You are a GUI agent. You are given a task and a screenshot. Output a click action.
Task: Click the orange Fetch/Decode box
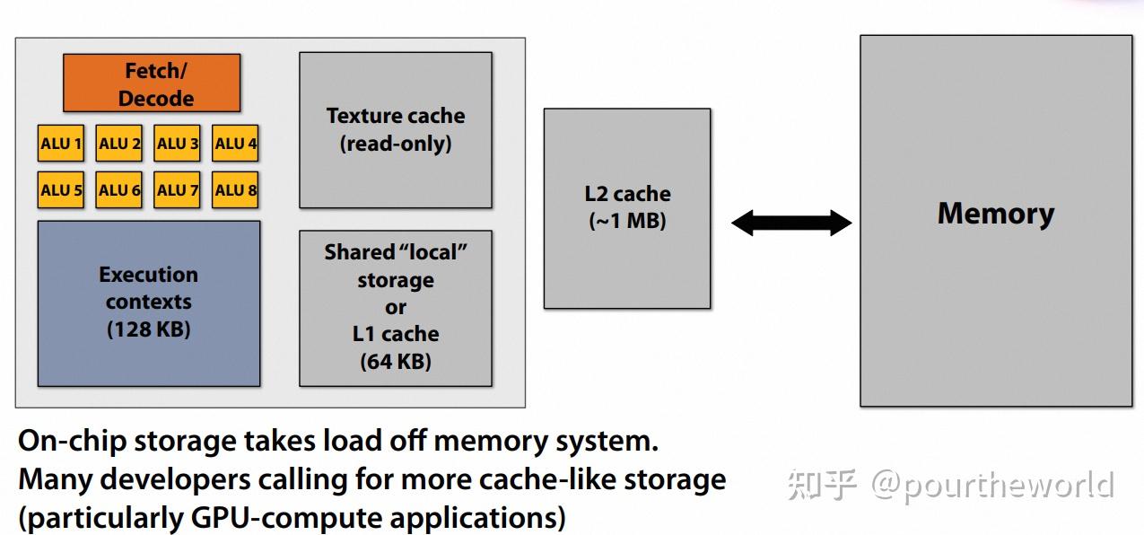[x=152, y=83]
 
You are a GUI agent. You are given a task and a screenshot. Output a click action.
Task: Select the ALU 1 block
[x=61, y=144]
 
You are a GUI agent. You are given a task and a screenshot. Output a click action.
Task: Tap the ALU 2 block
[x=119, y=144]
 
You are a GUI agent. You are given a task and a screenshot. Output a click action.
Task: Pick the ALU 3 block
[x=178, y=144]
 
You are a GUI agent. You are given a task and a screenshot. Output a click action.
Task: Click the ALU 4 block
[x=236, y=144]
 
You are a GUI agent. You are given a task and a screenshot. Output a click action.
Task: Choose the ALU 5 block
[x=61, y=190]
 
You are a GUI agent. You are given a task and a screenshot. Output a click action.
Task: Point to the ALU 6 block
[x=119, y=190]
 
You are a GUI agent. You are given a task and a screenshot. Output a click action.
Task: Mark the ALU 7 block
[x=178, y=190]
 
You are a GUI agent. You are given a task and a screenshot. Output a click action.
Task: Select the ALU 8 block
[x=236, y=190]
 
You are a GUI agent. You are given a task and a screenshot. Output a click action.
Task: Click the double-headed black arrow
[x=791, y=223]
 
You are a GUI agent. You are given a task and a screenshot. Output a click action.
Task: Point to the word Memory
[x=996, y=214]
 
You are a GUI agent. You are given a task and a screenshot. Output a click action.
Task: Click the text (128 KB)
[x=149, y=329]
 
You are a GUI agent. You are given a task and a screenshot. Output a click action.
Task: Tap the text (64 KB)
[x=396, y=362]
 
